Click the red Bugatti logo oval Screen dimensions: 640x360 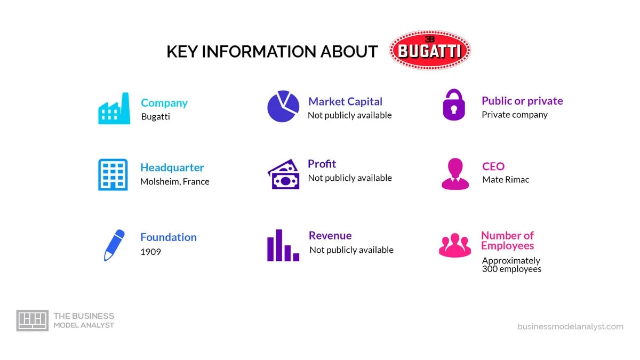click(430, 50)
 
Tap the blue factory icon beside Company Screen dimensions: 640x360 click(114, 108)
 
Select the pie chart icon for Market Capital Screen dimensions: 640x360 click(283, 106)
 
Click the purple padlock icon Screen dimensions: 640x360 click(454, 105)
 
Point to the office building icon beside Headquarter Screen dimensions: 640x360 click(113, 174)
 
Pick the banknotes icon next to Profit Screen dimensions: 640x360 click(283, 174)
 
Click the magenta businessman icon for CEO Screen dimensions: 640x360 click(455, 174)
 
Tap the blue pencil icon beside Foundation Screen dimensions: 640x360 click(114, 245)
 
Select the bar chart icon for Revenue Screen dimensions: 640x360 click(283, 245)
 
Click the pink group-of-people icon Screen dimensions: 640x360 click(455, 245)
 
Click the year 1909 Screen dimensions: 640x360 click(150, 252)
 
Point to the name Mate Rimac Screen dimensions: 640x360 click(506, 180)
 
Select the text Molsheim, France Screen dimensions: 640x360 click(175, 182)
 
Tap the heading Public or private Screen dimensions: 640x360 click(522, 101)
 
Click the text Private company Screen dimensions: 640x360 click(515, 115)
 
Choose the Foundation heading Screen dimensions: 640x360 click(169, 237)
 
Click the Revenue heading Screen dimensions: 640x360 click(330, 235)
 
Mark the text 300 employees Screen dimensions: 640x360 click(511, 269)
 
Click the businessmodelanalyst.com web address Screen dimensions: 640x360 click(570, 326)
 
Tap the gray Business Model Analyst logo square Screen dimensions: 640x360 click(33, 321)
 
